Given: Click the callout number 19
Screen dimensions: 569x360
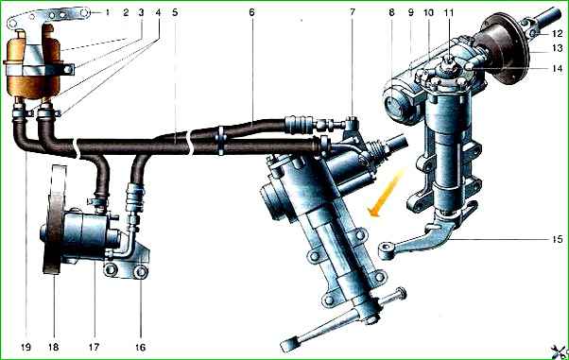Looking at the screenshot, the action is (26, 348).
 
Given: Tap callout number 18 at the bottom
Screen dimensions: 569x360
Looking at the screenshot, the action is (54, 348).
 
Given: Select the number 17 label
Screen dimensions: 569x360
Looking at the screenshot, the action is (94, 348).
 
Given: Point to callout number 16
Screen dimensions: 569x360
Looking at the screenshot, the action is (141, 348).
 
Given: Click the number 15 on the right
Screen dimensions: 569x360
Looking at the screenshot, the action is (558, 239).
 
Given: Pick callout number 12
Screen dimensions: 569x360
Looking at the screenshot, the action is (558, 34).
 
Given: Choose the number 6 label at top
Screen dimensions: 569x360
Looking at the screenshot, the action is (251, 12).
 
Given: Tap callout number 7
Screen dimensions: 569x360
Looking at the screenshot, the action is (353, 12).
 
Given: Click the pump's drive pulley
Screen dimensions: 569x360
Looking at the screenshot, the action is (55, 219).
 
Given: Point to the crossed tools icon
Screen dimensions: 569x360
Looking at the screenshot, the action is (559, 351).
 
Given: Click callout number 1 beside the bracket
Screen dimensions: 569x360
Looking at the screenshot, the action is (107, 12).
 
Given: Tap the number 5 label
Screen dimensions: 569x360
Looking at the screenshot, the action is (175, 12).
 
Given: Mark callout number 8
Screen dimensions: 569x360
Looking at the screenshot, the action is (391, 12).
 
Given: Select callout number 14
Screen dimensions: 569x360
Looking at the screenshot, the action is (558, 68).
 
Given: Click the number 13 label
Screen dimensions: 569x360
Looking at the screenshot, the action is (558, 48).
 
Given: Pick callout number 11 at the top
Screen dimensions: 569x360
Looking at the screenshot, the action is (449, 12).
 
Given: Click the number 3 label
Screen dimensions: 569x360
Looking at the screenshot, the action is (141, 12).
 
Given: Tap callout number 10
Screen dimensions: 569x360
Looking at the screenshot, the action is (428, 12).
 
